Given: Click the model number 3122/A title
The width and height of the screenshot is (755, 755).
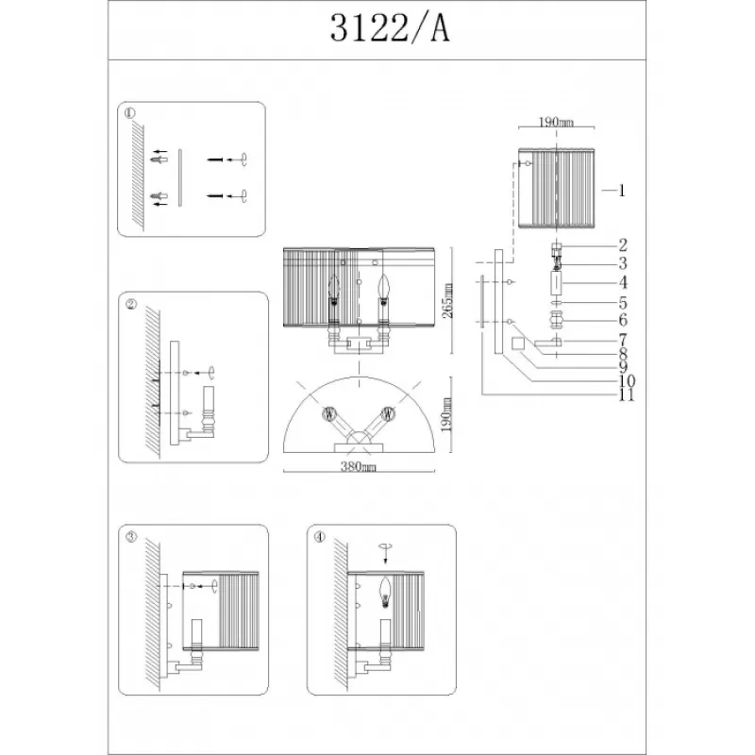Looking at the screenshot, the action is point(389,28).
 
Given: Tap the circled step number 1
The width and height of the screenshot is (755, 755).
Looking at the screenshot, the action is point(130,113).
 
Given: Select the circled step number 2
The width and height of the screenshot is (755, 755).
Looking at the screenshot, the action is point(131,304).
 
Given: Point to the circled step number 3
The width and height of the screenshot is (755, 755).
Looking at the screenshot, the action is point(131,537).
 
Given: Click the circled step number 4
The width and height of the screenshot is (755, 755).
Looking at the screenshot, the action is point(320,537).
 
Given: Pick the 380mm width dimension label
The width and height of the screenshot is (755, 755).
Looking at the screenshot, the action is point(359,466).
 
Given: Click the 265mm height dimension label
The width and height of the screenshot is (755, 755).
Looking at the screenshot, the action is point(447,300).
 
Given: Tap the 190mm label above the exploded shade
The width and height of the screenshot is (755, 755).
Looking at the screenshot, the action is point(556,122).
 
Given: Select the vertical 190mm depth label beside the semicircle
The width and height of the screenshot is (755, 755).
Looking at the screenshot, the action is point(447,414).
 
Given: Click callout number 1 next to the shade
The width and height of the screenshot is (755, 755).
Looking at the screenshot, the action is point(622,191).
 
